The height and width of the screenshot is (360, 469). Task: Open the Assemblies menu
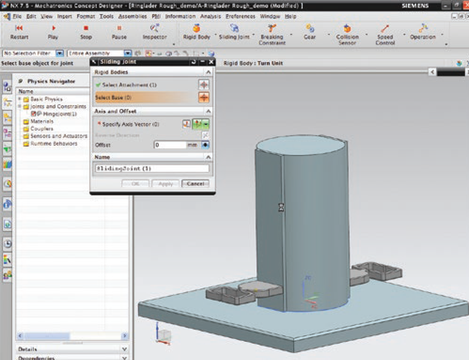132,16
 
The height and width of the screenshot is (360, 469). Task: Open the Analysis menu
210,16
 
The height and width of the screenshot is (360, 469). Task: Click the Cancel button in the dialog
195,184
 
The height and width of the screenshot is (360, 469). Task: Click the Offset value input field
170,145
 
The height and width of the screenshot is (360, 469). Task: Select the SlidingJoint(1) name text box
151,168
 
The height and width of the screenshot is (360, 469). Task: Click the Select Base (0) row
145,97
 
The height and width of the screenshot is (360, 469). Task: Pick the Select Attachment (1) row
145,85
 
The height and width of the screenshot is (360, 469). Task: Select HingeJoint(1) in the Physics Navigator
60,114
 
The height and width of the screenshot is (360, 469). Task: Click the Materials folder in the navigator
42,121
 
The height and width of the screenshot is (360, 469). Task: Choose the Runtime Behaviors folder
53,143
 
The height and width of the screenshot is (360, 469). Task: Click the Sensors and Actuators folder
59,136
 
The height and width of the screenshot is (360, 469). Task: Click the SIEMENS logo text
415,6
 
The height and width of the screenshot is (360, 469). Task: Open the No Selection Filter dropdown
60,53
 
